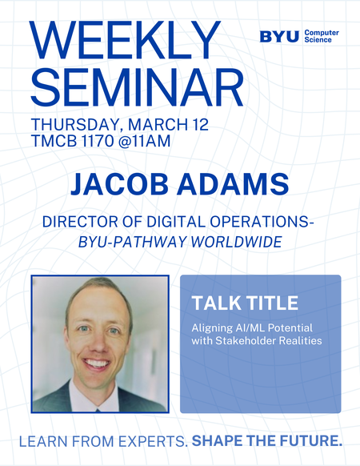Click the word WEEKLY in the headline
point(126,38)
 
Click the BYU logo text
point(279,36)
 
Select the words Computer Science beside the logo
point(322,36)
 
